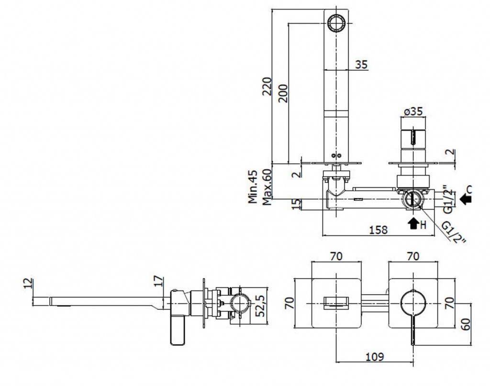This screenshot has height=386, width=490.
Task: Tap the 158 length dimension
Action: point(379,230)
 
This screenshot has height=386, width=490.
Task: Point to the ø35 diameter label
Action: point(412,111)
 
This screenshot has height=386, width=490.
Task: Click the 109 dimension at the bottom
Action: point(375,356)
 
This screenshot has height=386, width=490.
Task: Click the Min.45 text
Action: point(254,187)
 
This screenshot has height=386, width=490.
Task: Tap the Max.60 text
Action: point(267,187)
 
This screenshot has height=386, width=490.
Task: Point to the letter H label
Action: point(423,224)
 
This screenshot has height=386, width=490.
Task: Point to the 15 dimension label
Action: point(296,204)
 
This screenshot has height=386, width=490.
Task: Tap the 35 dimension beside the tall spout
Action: point(362,64)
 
